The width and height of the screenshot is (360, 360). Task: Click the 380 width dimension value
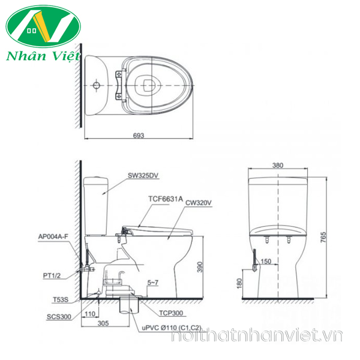(278, 164)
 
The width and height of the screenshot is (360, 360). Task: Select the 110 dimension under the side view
(91, 313)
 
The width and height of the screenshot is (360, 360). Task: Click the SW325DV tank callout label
(142, 176)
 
